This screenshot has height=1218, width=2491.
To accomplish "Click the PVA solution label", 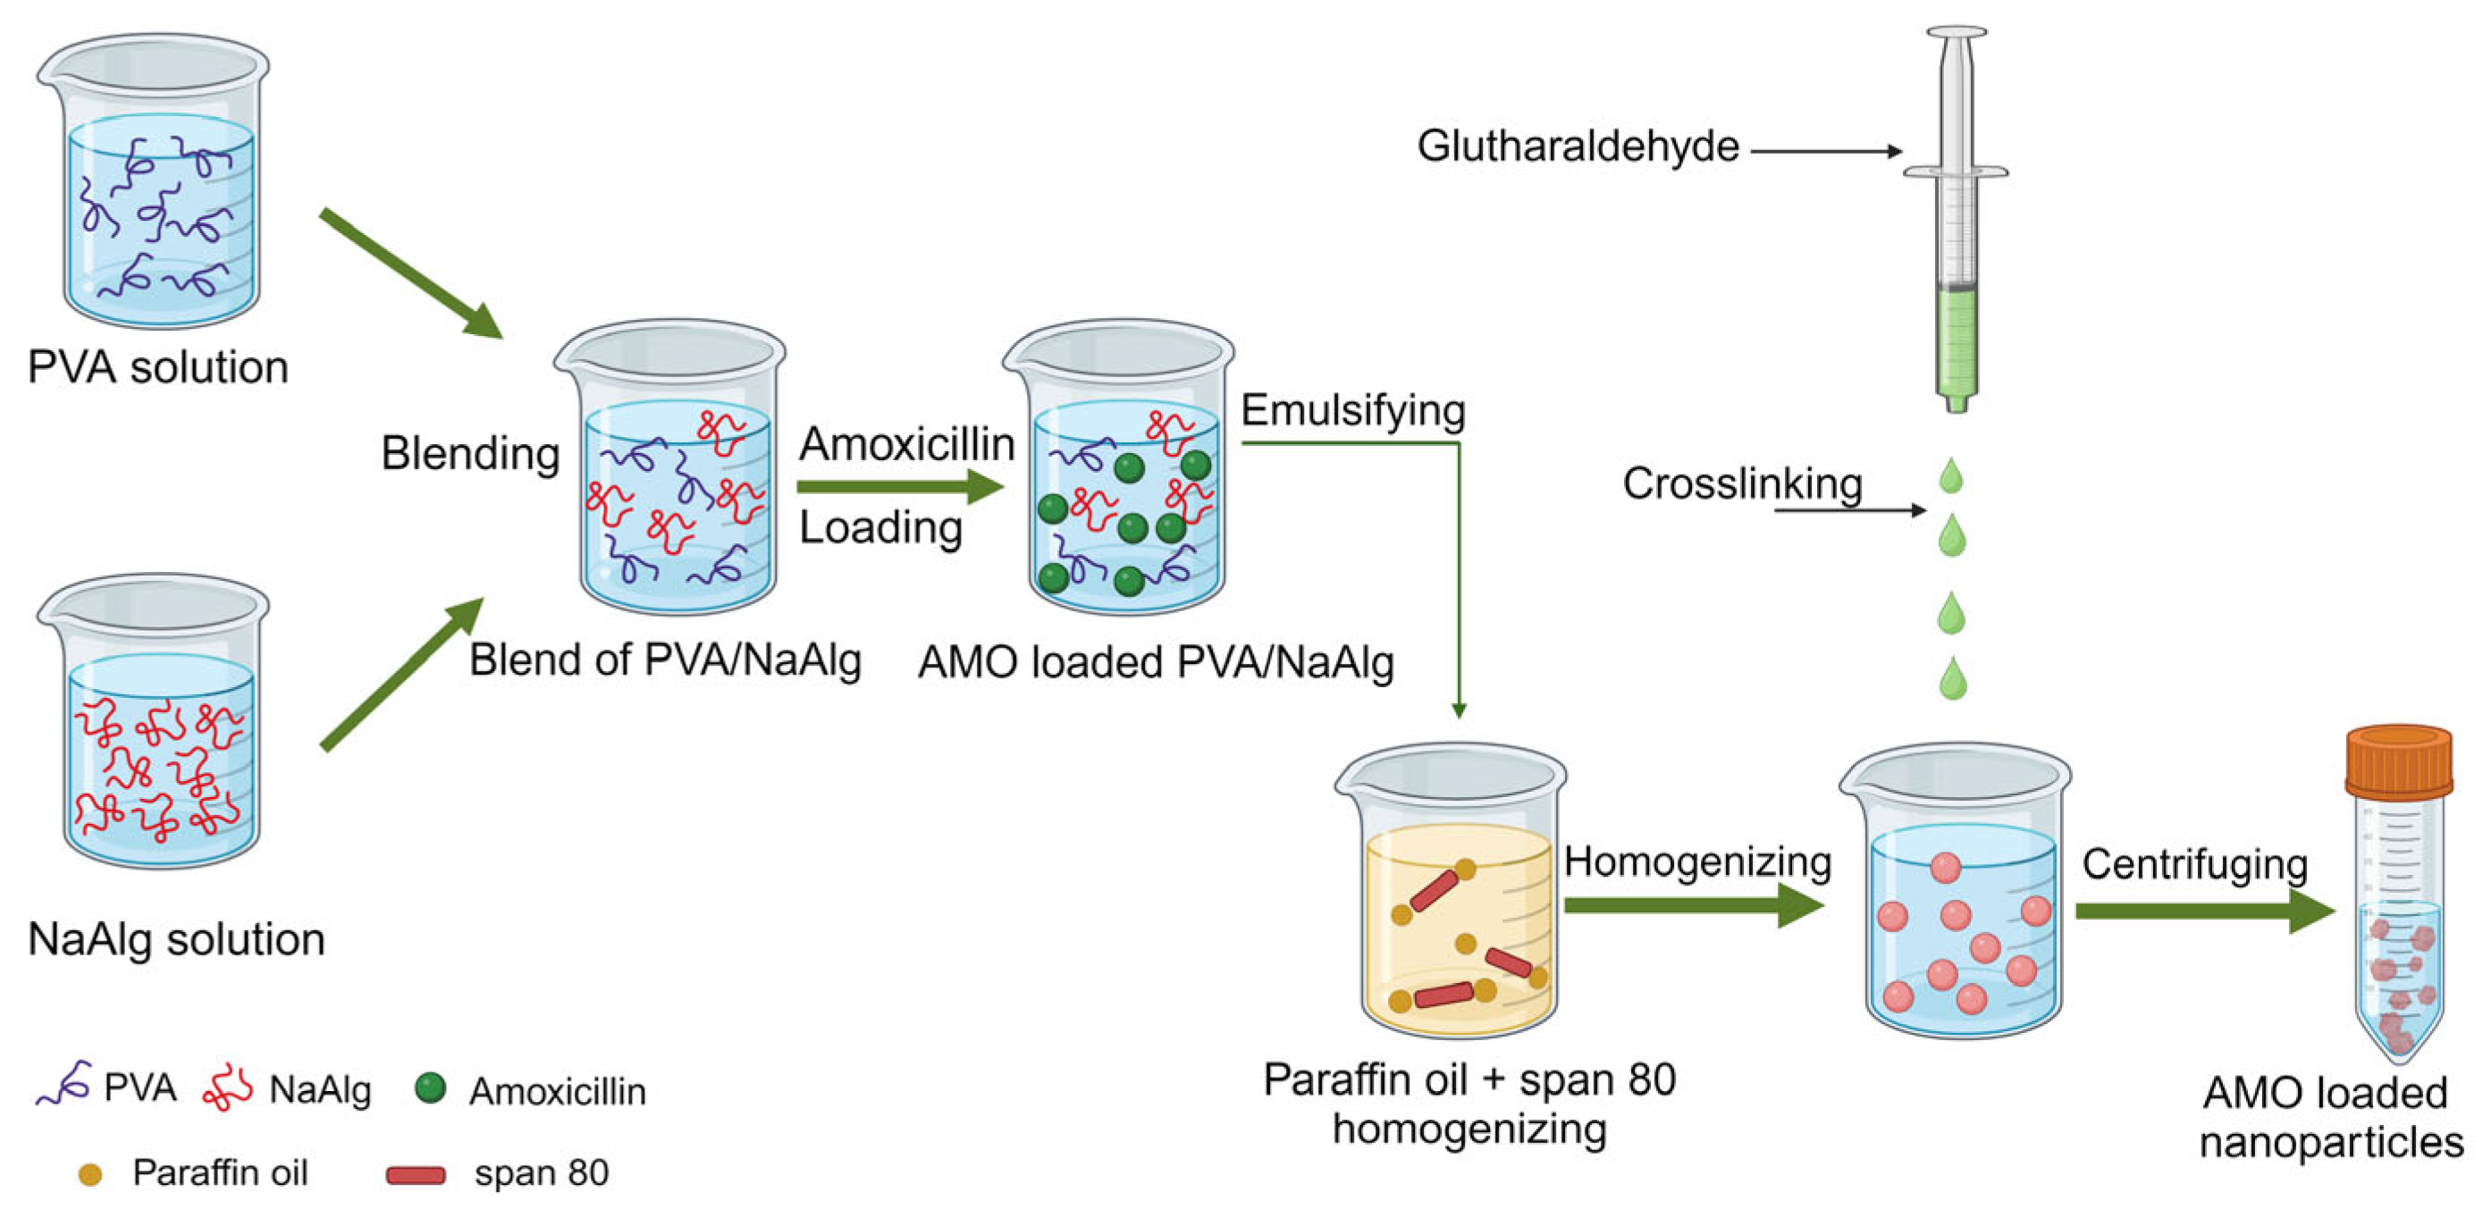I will pyautogui.click(x=157, y=367).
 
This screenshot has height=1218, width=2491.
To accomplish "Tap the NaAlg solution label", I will pyautogui.click(x=176, y=938).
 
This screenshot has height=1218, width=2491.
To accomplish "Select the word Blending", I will pyautogui.click(x=470, y=452).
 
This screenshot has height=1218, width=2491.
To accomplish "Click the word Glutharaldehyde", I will pyautogui.click(x=1578, y=147).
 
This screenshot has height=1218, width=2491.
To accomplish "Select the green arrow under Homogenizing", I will pyautogui.click(x=1692, y=906).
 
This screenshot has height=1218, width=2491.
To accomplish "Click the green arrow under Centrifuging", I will pyautogui.click(x=2205, y=911).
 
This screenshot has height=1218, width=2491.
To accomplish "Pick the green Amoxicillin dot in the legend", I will pyautogui.click(x=429, y=1088).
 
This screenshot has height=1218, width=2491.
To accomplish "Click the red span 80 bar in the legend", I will pyautogui.click(x=416, y=1174).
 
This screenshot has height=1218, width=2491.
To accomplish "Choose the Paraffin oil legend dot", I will pyautogui.click(x=90, y=1174).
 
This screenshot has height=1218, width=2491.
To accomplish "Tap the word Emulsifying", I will pyautogui.click(x=1352, y=410).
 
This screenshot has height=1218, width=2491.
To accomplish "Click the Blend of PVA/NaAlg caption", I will pyautogui.click(x=664, y=660).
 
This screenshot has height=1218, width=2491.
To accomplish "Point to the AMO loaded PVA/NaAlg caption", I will pyautogui.click(x=1156, y=663).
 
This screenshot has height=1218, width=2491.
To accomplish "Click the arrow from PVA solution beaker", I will pyautogui.click(x=410, y=273).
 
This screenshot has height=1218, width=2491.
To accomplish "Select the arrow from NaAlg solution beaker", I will pyautogui.click(x=401, y=674).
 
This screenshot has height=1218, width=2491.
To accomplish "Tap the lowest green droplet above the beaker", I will pyautogui.click(x=1952, y=678).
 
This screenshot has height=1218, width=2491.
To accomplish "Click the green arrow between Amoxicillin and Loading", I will pyautogui.click(x=899, y=486).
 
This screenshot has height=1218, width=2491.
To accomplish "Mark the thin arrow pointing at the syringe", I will pyautogui.click(x=1826, y=151).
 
